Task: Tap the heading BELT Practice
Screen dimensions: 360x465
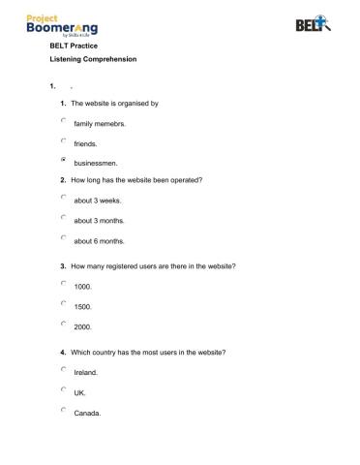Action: click(x=73, y=45)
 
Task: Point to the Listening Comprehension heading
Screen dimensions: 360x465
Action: click(x=93, y=60)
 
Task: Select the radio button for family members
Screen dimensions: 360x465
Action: click(x=63, y=120)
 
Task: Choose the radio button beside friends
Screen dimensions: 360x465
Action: click(x=63, y=139)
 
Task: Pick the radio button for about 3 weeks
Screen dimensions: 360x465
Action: click(x=63, y=197)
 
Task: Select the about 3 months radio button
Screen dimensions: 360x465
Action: click(x=63, y=217)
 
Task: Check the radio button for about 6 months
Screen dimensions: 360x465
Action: click(x=63, y=237)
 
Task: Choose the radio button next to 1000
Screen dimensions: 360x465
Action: click(x=63, y=283)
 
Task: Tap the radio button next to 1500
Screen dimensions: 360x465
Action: click(x=63, y=303)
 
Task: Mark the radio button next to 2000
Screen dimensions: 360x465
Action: click(x=63, y=324)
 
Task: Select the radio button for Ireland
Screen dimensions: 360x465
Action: click(x=63, y=369)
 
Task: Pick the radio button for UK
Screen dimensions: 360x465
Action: click(x=63, y=389)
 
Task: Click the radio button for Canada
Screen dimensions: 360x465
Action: click(x=63, y=410)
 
